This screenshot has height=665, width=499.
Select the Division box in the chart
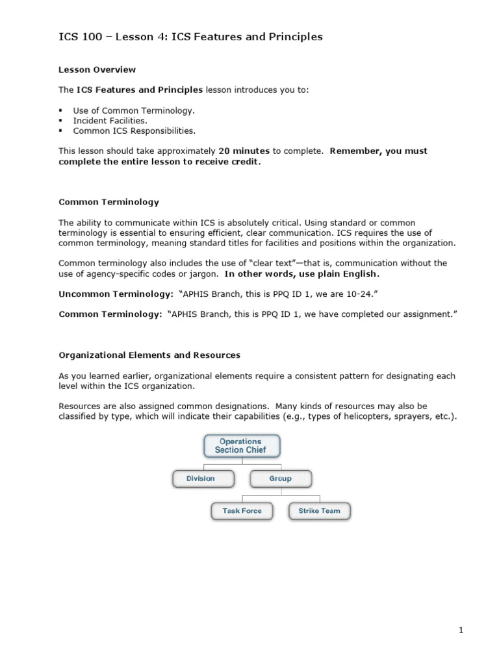201,479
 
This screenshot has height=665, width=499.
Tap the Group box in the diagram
280,479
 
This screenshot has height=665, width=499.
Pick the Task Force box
242,511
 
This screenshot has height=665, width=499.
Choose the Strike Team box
319,511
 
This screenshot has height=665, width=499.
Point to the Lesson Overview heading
97,69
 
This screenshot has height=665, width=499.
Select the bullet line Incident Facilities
110,120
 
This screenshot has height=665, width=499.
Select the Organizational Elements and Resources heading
149,355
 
